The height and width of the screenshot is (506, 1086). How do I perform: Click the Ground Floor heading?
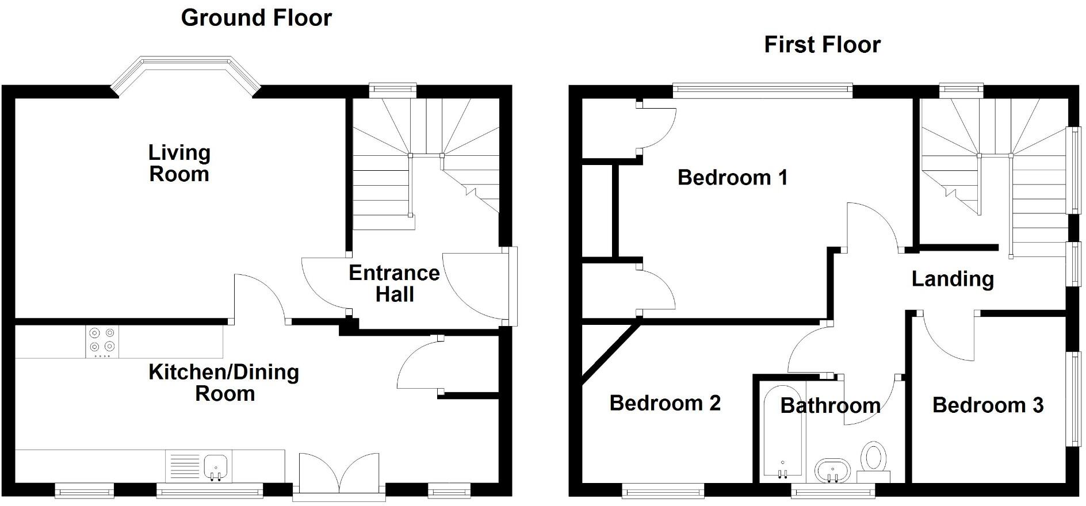click(x=256, y=18)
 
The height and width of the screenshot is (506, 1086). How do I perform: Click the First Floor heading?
click(x=822, y=44)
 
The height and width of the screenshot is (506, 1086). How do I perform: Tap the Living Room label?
click(x=179, y=163)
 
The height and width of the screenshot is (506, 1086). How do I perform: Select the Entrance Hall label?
click(x=394, y=283)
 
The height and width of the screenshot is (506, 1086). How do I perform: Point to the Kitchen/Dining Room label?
click(x=224, y=382)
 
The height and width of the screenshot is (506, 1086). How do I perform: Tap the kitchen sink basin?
click(x=216, y=465)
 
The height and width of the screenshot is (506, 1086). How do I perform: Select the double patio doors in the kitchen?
click(x=339, y=473)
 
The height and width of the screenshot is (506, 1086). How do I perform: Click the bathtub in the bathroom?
click(x=782, y=431)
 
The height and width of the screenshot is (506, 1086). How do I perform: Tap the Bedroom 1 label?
click(x=732, y=177)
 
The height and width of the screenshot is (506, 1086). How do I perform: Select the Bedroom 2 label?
click(x=665, y=403)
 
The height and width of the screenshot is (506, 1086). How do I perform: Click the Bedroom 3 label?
click(x=988, y=405)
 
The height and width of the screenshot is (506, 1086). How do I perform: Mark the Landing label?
click(x=953, y=279)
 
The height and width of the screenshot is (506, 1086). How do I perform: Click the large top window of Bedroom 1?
click(x=762, y=89)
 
